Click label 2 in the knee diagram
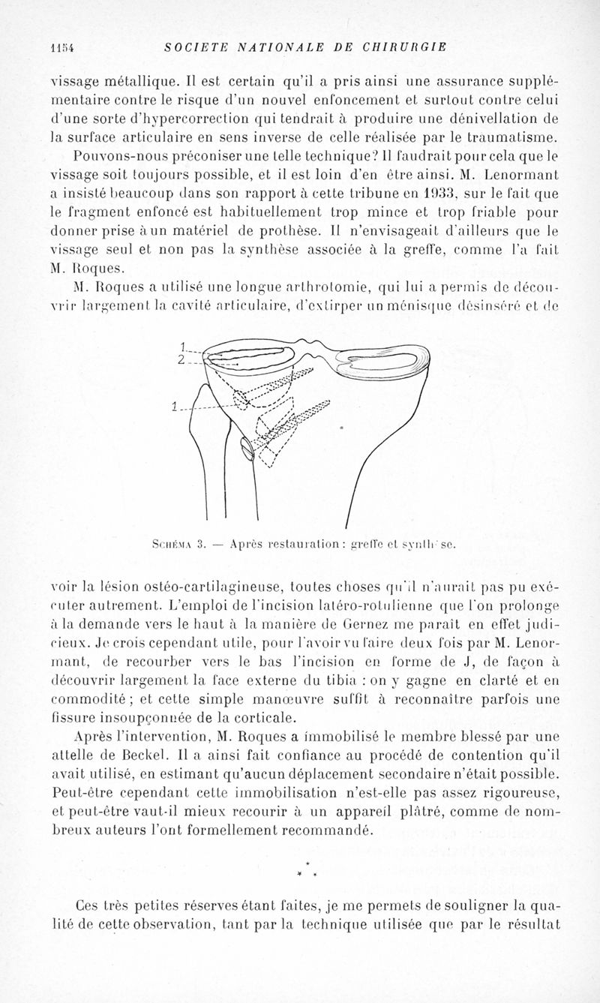[x=181, y=359]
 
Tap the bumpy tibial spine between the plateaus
[x=316, y=347]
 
